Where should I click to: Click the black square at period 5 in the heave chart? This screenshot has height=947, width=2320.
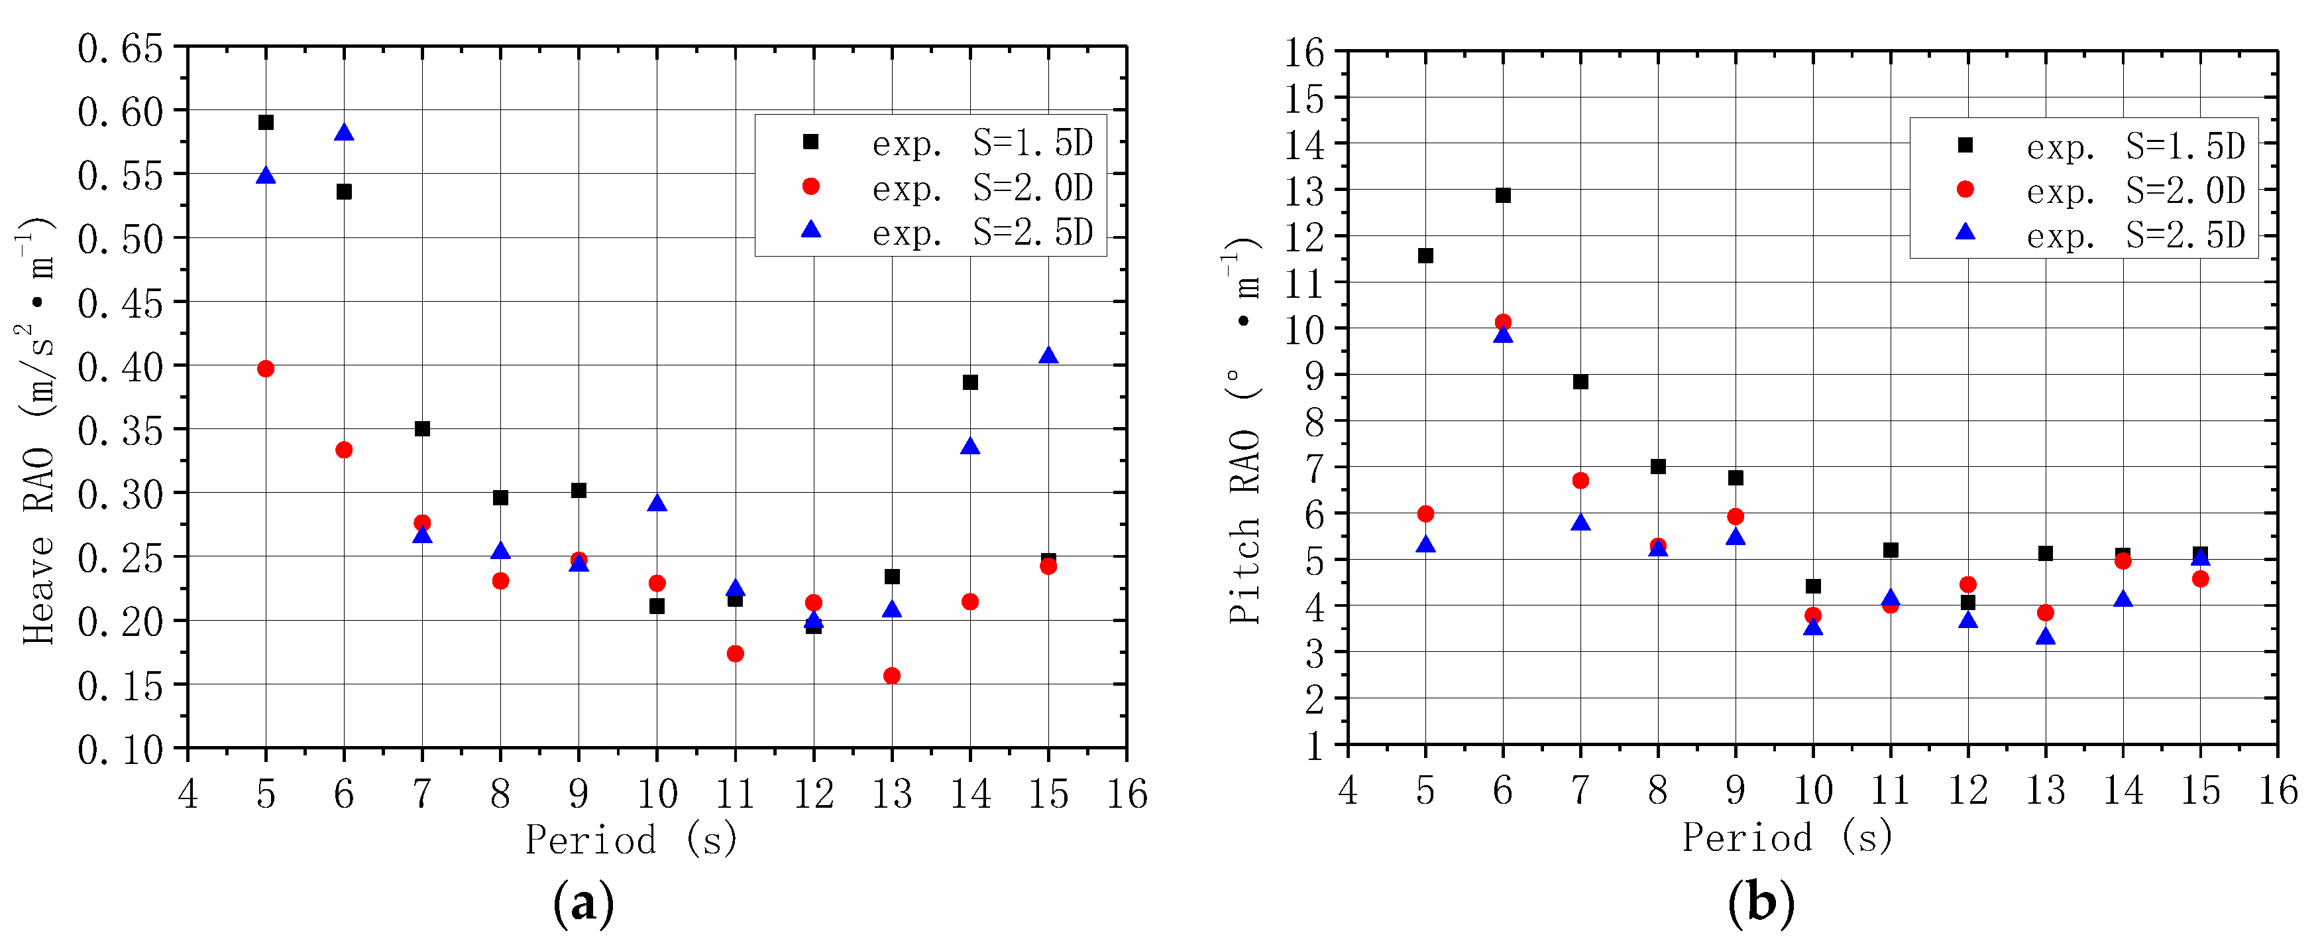pyautogui.click(x=266, y=123)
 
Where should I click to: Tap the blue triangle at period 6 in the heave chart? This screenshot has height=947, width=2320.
pyautogui.click(x=344, y=133)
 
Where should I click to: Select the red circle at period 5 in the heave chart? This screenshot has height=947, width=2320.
pyautogui.click(x=266, y=369)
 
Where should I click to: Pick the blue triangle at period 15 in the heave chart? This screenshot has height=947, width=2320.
pyautogui.click(x=1048, y=356)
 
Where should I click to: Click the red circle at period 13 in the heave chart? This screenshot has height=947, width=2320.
pyautogui.click(x=891, y=676)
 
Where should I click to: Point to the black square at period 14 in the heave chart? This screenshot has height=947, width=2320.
pyautogui.click(x=970, y=382)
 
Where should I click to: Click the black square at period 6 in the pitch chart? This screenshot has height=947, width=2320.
pyautogui.click(x=1503, y=196)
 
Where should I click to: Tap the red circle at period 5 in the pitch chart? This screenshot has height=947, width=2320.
pyautogui.click(x=1425, y=513)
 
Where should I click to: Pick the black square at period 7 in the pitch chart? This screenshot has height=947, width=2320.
pyautogui.click(x=1580, y=382)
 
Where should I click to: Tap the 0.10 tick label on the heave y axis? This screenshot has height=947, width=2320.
pyautogui.click(x=120, y=749)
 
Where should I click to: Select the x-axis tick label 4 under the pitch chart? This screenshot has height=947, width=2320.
pyautogui.click(x=1347, y=790)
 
